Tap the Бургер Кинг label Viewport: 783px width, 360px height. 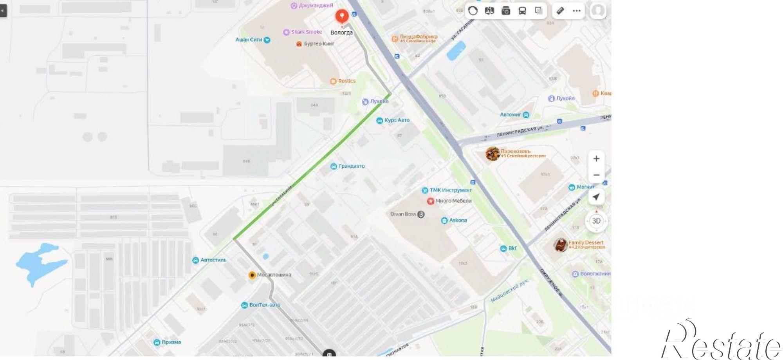click(x=319, y=43)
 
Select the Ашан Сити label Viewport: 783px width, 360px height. click(x=249, y=40)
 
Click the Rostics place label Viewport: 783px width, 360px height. click(x=346, y=81)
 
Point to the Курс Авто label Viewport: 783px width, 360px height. click(x=397, y=120)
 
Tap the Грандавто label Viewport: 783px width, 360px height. click(x=351, y=166)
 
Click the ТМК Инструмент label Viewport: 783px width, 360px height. click(x=450, y=190)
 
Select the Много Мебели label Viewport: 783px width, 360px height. click(x=453, y=201)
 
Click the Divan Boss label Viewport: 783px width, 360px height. click(x=403, y=214)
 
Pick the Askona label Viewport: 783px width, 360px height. click(x=458, y=220)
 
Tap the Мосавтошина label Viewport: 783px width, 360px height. click(x=274, y=275)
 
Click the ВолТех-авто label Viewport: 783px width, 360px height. click(x=264, y=305)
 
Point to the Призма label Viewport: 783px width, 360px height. click(x=171, y=342)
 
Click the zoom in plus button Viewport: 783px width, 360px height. click(x=596, y=159)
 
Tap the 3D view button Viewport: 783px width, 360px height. click(x=596, y=221)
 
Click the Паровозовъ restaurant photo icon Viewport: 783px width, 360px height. click(x=492, y=154)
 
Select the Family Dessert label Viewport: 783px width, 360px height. click(x=585, y=242)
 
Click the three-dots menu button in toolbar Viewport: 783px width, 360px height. click(x=576, y=11)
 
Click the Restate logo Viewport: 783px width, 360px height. click(x=720, y=341)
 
